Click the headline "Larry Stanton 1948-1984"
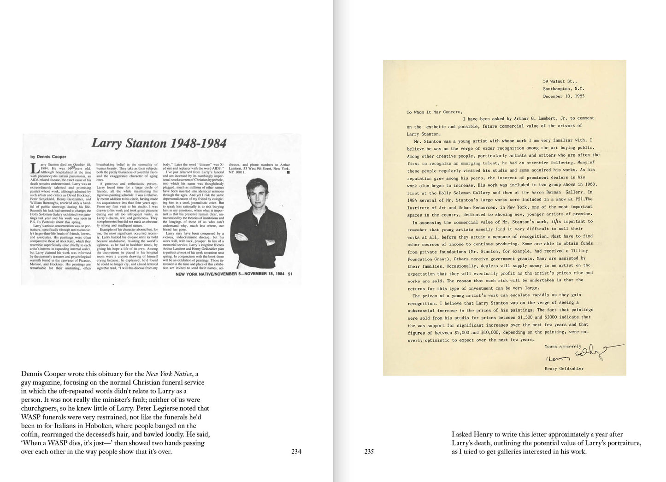coord(159,143)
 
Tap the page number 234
coord(296,452)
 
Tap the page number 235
coord(369,452)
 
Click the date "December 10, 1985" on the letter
coord(563,96)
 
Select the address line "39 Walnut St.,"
coord(560,81)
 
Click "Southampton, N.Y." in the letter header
coord(563,88)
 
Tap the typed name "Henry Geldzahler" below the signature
coord(564,369)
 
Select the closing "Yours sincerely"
coord(563,347)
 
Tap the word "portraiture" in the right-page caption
coord(622,443)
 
